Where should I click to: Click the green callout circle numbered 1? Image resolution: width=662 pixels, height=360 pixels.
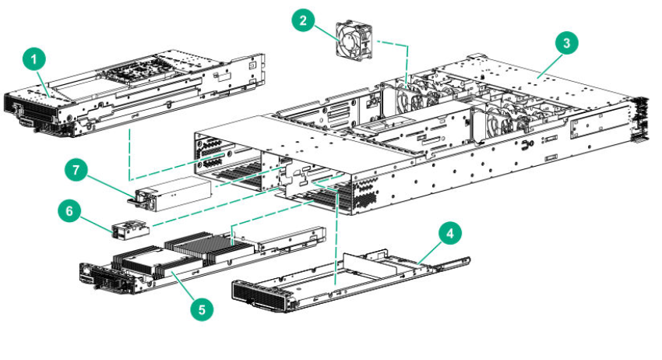34,59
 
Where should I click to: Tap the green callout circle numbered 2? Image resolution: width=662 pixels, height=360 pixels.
303,19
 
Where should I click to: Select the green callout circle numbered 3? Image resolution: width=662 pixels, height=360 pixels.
566,43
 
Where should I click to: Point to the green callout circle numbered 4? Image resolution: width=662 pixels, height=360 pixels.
450,233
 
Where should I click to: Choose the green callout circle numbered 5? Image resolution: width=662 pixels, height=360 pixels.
202,309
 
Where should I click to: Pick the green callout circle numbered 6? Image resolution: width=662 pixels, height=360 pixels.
69,211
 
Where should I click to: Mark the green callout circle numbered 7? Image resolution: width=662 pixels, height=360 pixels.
76,170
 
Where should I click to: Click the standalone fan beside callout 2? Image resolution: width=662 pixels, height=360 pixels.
354,40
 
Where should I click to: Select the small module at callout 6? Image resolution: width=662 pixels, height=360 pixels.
131,228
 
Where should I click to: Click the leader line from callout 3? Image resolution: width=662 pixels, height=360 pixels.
548,65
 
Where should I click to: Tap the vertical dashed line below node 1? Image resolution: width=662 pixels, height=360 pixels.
129,154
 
